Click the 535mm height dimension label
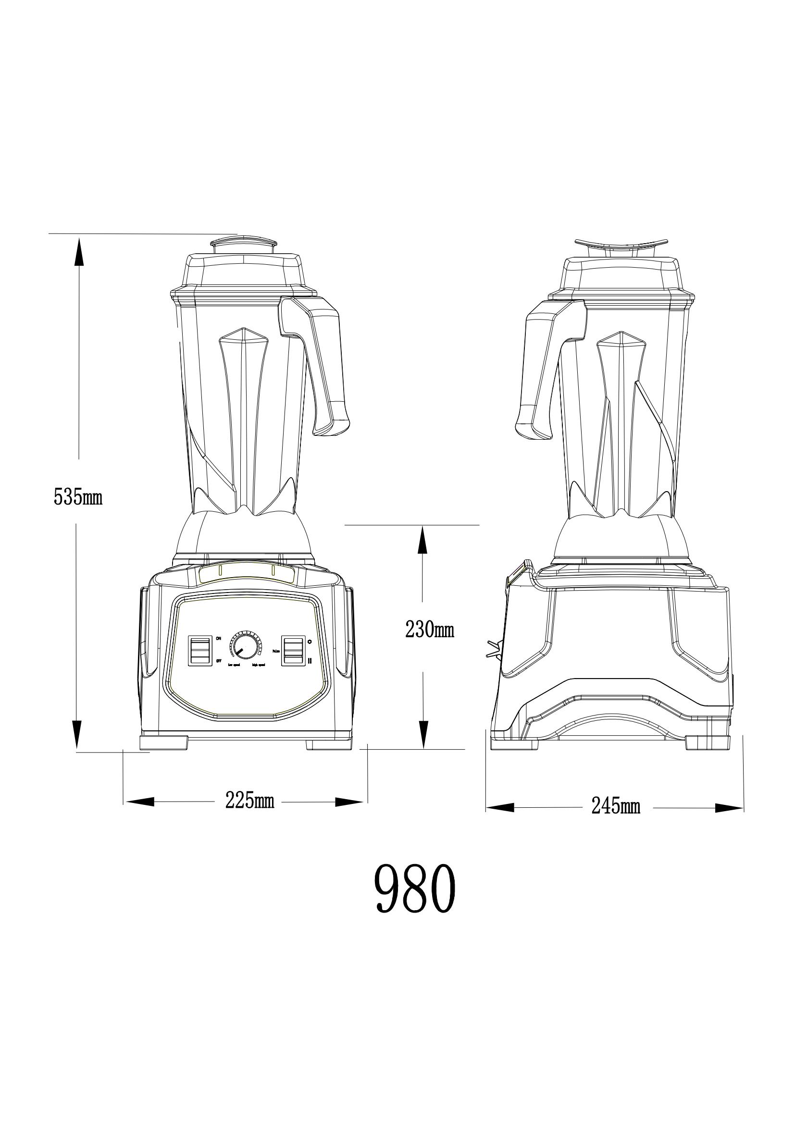(x=78, y=497)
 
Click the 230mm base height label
(x=429, y=630)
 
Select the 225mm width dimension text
(x=249, y=801)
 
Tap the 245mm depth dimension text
(x=615, y=805)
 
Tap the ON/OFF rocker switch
(x=200, y=651)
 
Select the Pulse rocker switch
(x=292, y=651)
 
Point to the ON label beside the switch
(x=218, y=638)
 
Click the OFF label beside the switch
(x=219, y=661)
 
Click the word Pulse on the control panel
(x=276, y=652)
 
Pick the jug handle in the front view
(x=323, y=358)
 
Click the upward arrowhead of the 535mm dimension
(x=78, y=250)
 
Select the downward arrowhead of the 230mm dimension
(x=423, y=750)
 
